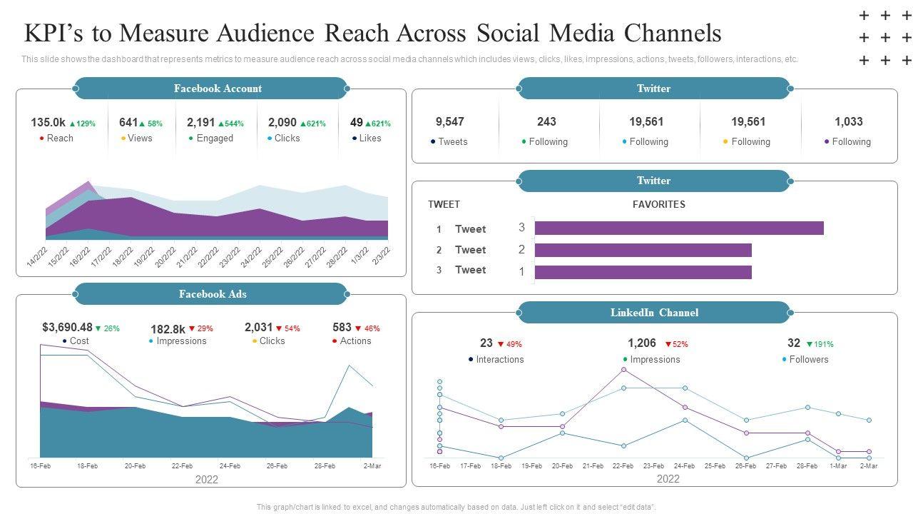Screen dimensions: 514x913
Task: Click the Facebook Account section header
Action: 218,89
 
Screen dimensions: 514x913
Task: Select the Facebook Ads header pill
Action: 213,294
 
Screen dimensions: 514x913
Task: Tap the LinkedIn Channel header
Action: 654,313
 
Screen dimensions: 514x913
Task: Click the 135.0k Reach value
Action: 48,123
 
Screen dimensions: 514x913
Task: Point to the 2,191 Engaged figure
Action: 200,123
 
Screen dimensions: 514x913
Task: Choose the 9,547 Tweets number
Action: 449,122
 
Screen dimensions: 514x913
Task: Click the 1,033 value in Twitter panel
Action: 848,122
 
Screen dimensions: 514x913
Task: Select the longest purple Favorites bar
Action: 678,228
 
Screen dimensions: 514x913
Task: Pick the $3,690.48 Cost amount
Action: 67,328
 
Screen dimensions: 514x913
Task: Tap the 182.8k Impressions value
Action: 168,329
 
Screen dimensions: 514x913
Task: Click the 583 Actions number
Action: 342,328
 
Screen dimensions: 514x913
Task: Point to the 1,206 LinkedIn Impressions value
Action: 641,343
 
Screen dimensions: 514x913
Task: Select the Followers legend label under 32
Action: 809,360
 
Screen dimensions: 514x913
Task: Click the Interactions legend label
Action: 499,360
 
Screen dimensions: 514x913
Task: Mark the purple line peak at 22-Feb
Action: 623,370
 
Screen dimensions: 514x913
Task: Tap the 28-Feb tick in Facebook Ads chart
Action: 325,466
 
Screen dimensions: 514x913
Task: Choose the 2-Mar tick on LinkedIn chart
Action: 868,466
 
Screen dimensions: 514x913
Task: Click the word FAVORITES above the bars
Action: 658,205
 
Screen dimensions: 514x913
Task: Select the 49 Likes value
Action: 357,123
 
